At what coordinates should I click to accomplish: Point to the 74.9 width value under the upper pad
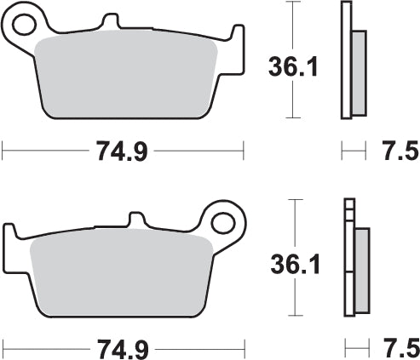123,153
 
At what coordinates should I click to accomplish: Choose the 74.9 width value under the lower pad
123,349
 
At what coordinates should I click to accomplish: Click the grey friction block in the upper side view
358,72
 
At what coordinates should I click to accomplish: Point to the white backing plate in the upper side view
345,60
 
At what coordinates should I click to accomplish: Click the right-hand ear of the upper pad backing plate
233,38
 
